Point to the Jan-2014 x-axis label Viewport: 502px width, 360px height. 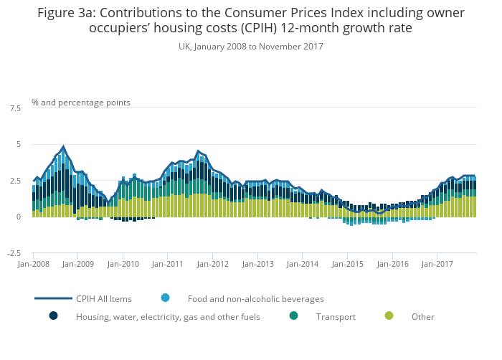302,264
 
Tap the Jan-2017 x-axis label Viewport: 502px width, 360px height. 436,264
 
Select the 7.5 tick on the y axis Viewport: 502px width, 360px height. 15,108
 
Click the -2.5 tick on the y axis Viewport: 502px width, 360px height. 14,253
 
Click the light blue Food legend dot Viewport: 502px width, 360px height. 166,298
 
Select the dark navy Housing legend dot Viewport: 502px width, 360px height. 53,316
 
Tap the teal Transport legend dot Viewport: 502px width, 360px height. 294,316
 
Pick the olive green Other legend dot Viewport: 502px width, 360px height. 389,316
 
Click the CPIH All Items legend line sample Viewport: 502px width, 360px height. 53,298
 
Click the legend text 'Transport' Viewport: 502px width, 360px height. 336,317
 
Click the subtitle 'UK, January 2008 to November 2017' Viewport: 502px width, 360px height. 250,47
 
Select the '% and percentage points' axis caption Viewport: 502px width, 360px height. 81,103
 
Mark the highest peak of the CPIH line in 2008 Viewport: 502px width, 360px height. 63,147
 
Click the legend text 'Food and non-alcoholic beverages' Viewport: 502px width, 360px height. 256,299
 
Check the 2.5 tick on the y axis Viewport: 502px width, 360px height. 15,181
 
